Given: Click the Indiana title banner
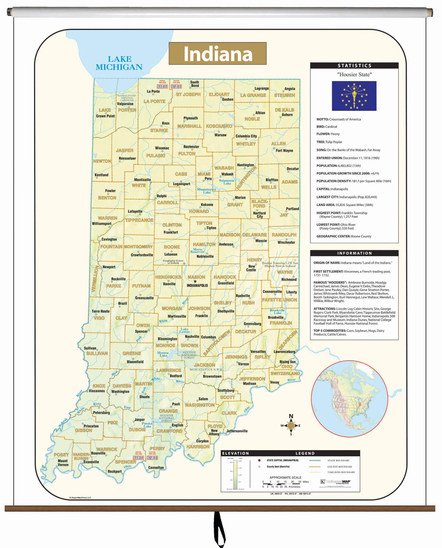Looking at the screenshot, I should click(x=217, y=54).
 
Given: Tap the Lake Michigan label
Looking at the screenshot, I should click(x=119, y=63).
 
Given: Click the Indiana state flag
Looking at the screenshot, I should click(x=354, y=96).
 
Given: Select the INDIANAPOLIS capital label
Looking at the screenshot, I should click(x=197, y=286).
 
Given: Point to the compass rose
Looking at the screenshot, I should click(x=291, y=425).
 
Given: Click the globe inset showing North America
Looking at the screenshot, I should click(x=349, y=399).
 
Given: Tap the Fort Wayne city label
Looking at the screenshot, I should click(x=284, y=151).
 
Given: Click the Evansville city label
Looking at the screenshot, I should click(x=91, y=462).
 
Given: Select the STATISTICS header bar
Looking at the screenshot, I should click(x=354, y=66).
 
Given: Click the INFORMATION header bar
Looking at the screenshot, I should click(x=354, y=253).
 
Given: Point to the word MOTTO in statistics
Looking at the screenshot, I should click(x=322, y=119).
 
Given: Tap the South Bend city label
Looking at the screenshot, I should click(x=194, y=84).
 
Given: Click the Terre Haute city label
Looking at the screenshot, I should click(x=101, y=311).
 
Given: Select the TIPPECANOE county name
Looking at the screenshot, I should click(x=139, y=220).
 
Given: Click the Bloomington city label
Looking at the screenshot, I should click(x=167, y=339).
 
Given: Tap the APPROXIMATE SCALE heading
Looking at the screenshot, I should click(x=285, y=477).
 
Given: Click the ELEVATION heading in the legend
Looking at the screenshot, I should click(x=236, y=453).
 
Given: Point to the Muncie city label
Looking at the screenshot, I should click(x=261, y=241).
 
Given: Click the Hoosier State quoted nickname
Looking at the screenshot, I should click(x=354, y=74).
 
